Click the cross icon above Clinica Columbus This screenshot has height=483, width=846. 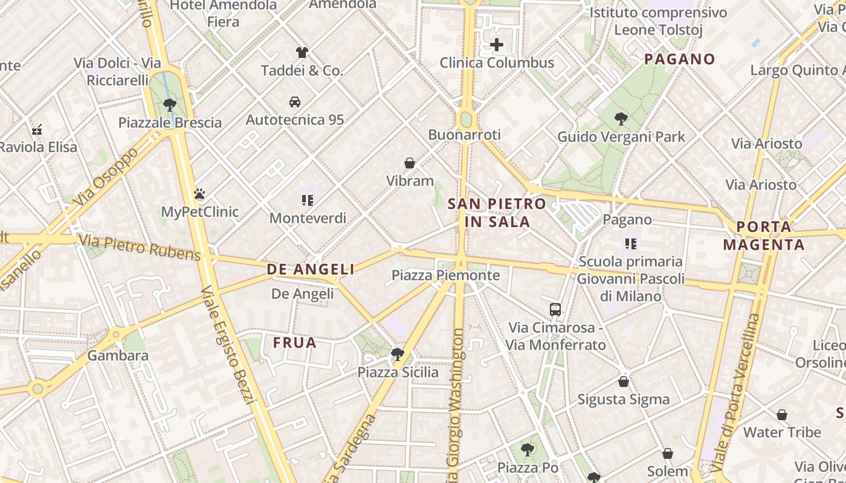pos(496,45)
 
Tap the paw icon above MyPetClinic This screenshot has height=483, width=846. pos(199,194)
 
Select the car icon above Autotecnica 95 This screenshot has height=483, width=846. pos(295,101)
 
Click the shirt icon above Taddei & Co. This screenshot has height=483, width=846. pos(302,53)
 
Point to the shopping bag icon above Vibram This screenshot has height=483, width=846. pos(410,163)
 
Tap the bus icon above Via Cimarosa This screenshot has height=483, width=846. pos(555,310)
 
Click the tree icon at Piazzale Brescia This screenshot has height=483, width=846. pos(170,104)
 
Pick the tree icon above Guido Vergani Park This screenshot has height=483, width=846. pos(621,119)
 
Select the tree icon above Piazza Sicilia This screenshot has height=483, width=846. pos(397,354)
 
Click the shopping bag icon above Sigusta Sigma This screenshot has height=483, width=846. pos(624,382)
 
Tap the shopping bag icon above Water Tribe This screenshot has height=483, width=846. pos(782,415)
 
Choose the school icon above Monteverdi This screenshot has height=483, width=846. pos(308,200)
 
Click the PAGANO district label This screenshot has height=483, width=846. pos(680,59)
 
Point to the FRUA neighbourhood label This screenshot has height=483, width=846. pos(295,343)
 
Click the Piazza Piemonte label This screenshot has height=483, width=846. pos(446,275)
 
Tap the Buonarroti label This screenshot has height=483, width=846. pos(464,135)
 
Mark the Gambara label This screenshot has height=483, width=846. pos(118,356)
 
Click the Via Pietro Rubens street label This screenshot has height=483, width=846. pos(140,248)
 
